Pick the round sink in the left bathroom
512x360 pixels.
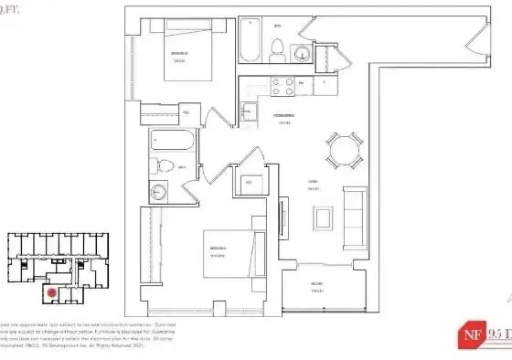[x=157, y=192]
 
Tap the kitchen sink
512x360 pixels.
[x=248, y=111]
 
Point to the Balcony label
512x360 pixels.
[x=316, y=284]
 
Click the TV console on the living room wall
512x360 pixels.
[x=283, y=217]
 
